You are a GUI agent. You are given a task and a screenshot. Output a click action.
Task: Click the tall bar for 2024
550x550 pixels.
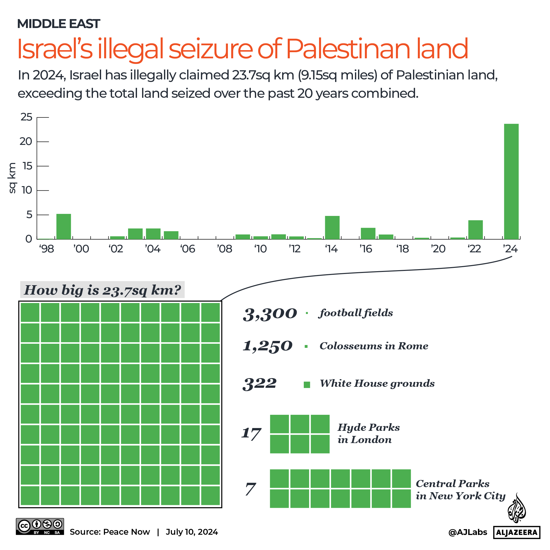pos(511,181)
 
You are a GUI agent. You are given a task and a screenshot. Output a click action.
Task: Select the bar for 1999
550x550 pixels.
pos(63,226)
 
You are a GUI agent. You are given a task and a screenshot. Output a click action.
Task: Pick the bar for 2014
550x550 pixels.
pos(332,227)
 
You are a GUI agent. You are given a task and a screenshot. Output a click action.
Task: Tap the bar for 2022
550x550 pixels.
pos(475,229)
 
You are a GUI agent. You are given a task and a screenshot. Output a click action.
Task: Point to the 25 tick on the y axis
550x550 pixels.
pos(26,117)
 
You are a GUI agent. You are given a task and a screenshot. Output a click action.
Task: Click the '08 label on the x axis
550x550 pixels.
pos(224,249)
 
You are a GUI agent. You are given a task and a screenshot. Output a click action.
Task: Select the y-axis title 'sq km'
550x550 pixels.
pos(12,178)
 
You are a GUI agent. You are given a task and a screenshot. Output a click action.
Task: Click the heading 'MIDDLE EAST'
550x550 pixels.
pos(58,24)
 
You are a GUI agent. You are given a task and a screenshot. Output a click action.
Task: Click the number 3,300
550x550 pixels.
pos(270,314)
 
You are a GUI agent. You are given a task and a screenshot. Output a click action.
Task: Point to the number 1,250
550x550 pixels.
pos(268,346)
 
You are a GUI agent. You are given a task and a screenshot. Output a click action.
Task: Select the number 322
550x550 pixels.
pos(259,383)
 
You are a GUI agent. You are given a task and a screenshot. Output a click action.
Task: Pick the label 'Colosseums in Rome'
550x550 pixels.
pos(374,346)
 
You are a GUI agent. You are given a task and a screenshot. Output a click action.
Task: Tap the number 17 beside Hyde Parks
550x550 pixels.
pos(251,434)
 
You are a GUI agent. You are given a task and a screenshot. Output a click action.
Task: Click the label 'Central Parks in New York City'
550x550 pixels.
pos(460,490)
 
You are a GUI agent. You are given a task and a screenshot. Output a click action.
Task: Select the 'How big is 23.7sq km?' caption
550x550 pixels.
pos(102,290)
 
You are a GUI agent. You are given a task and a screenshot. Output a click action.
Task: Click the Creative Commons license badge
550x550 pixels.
pos(40,526)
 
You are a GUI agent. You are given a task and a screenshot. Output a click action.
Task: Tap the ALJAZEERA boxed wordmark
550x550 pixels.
pos(516,532)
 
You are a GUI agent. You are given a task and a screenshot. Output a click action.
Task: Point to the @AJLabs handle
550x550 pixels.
pos(468,532)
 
